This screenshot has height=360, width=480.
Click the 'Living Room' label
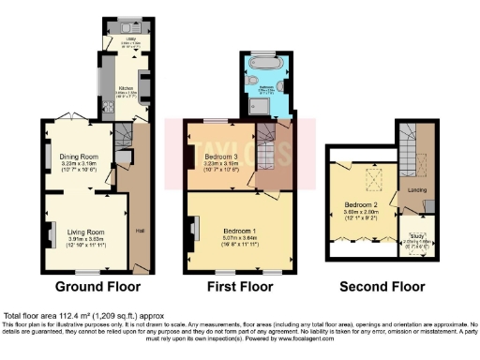pyautogui.click(x=84, y=231)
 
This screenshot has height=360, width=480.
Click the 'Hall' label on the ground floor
pyautogui.click(x=142, y=232)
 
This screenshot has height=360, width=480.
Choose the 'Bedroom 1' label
pyautogui.click(x=241, y=229)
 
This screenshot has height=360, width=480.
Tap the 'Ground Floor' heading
pyautogui.click(x=97, y=286)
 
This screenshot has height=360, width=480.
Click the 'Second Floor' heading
pyautogui.click(x=379, y=286)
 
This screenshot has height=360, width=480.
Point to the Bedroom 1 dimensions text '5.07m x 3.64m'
pyautogui.click(x=241, y=238)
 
